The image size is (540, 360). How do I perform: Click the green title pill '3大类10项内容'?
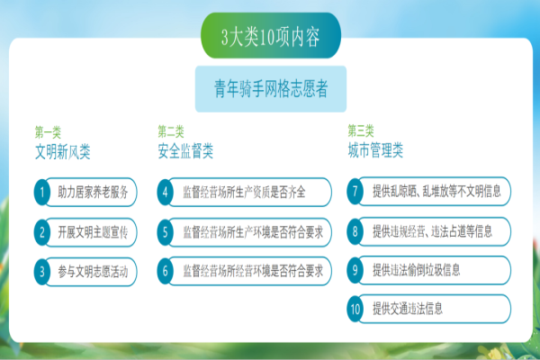(x=271, y=35)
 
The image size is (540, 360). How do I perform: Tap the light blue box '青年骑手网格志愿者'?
(x=271, y=89)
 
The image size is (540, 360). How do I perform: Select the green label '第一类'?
(x=48, y=132)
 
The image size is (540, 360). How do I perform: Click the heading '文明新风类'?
(x=63, y=151)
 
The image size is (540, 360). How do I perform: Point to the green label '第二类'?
(x=171, y=131)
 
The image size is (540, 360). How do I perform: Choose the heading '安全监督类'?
(x=185, y=151)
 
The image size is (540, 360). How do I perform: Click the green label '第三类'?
(x=361, y=130)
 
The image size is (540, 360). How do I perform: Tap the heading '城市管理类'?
(x=375, y=150)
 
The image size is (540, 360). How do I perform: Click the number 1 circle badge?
(x=42, y=193)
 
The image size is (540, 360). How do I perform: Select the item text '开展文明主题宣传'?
(x=93, y=232)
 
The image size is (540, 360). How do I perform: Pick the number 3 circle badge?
(x=42, y=272)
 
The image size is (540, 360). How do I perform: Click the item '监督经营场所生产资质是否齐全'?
(x=244, y=193)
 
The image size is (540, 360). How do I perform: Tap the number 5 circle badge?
(x=166, y=232)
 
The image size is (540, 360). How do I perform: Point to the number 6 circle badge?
(x=166, y=271)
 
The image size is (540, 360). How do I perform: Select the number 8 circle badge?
(x=355, y=231)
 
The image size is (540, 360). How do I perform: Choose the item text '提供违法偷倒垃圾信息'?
(x=417, y=270)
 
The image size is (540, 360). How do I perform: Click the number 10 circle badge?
(x=355, y=309)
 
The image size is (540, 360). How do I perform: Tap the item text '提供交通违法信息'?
(x=408, y=309)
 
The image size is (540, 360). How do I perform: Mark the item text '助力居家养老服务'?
(x=93, y=193)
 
